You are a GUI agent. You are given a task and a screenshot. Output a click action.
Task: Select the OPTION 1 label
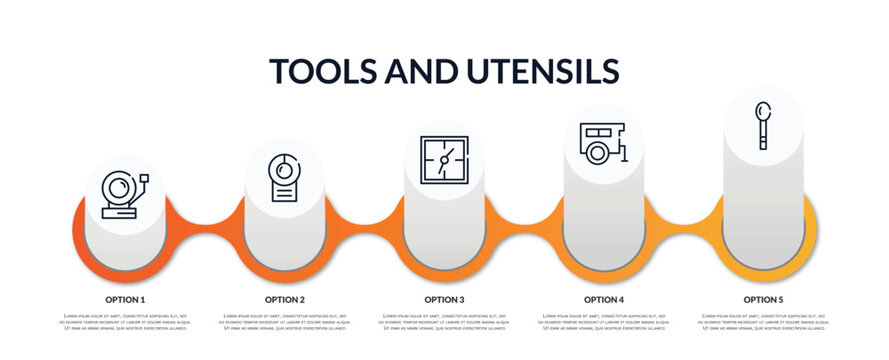[x=125, y=299]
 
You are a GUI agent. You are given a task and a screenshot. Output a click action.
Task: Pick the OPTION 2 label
[x=285, y=299]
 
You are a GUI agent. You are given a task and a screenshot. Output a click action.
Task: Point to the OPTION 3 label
[x=444, y=299]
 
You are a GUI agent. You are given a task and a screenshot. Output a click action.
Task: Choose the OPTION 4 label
[x=604, y=299]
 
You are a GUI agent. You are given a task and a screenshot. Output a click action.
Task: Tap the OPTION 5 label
[x=763, y=299]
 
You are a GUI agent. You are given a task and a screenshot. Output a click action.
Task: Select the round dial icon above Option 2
[x=284, y=177]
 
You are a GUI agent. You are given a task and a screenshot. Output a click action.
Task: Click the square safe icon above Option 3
[x=444, y=160]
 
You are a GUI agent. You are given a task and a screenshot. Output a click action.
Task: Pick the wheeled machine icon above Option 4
[x=603, y=142]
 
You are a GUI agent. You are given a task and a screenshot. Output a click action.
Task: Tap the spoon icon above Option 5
[x=763, y=124]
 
